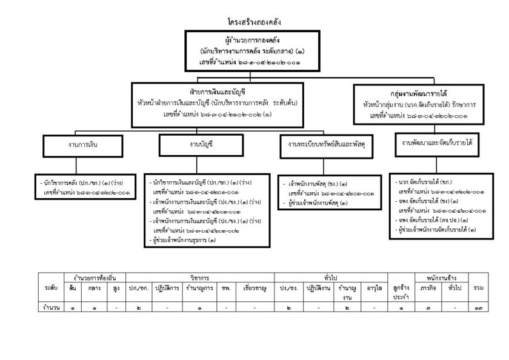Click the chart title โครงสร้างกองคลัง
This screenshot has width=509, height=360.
254,23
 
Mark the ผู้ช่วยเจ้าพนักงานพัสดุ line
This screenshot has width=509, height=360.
319,203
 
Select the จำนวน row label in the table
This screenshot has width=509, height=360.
51,308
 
